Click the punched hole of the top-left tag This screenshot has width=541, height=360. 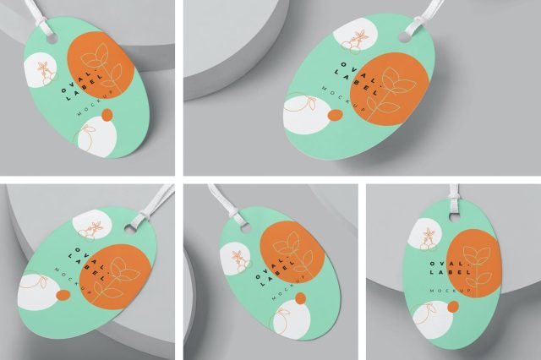coord(52,39)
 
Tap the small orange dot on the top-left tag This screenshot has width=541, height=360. coord(107,115)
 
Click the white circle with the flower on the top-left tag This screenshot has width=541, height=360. coord(41,70)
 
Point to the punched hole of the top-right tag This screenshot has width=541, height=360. coord(404,36)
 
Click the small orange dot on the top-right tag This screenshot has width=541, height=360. coord(334,116)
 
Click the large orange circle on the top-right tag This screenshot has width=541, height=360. coord(389,89)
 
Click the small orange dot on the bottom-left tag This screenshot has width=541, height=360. coord(63,295)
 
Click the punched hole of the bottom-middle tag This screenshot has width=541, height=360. coord(245,228)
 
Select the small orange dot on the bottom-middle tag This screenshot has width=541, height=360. coord(301,298)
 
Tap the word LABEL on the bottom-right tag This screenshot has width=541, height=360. coord(451,272)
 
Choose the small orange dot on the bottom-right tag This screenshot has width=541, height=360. coord(453,307)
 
